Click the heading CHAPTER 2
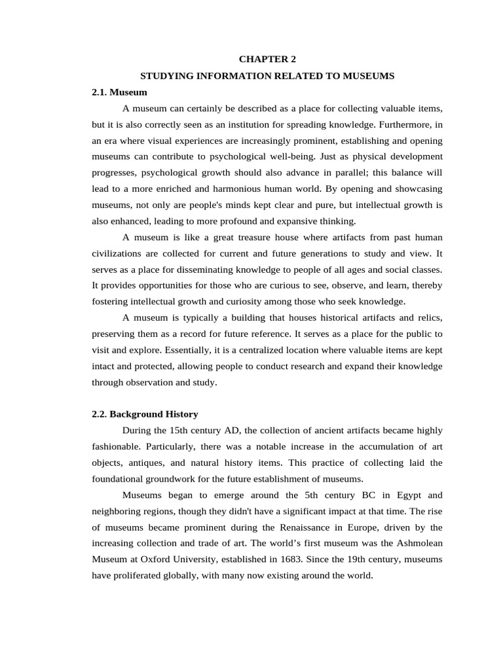pos(267,60)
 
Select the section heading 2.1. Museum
pos(119,92)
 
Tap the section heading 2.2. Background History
pos(145,414)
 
